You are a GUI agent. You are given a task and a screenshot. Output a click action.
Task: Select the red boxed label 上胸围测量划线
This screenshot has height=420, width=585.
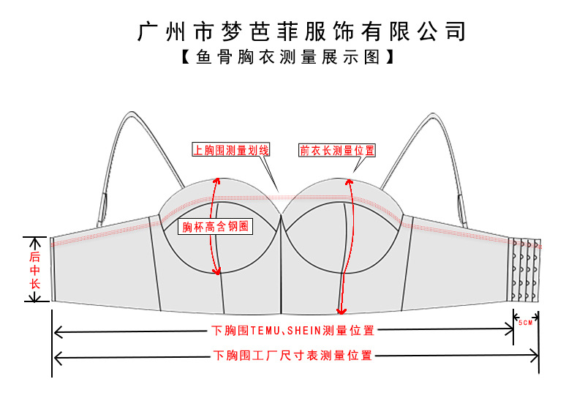(x=231, y=150)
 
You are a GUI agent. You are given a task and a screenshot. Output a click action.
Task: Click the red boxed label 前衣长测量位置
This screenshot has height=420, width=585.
(x=337, y=150)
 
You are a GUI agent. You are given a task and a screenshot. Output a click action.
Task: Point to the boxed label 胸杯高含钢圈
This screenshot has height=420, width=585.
(x=216, y=226)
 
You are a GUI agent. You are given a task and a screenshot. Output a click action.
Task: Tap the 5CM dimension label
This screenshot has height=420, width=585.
(x=524, y=322)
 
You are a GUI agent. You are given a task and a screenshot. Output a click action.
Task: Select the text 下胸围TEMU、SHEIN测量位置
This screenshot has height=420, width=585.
(x=292, y=331)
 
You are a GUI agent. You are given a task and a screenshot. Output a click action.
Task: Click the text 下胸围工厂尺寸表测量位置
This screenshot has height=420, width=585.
(x=292, y=356)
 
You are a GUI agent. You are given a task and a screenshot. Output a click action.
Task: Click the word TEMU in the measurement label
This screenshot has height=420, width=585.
(x=260, y=331)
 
